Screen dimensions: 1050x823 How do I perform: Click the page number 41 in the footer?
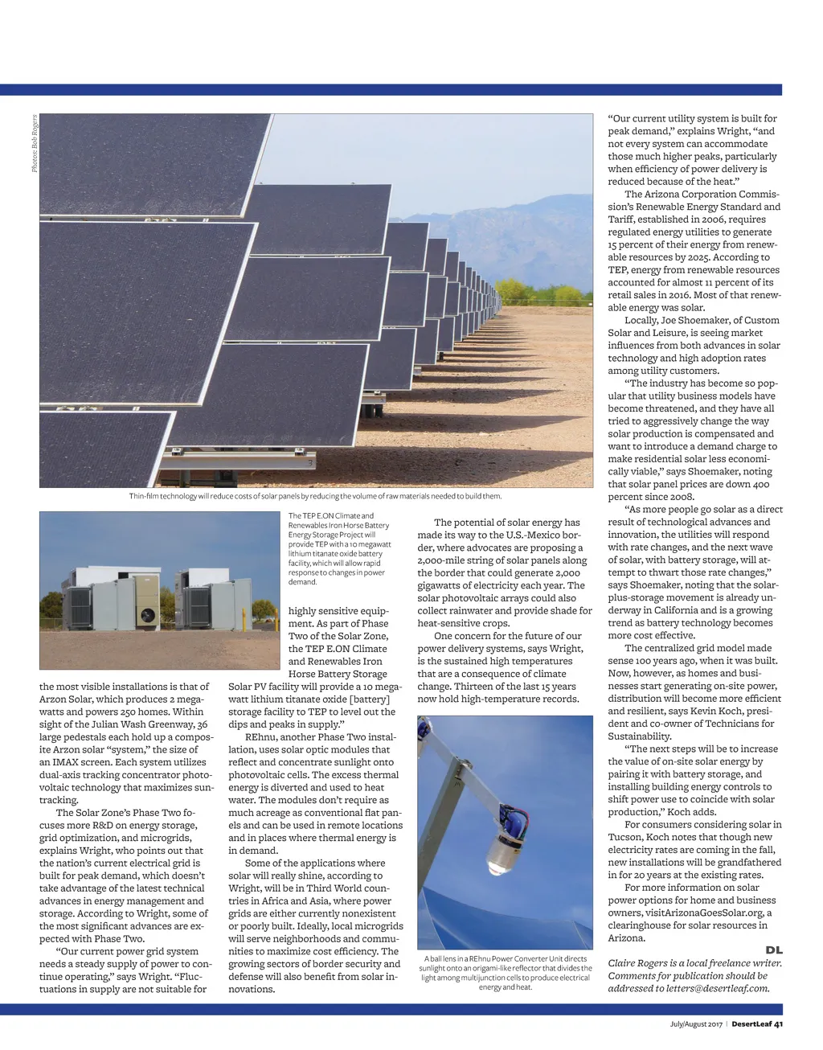click(778, 1023)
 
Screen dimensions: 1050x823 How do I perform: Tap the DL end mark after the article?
click(774, 950)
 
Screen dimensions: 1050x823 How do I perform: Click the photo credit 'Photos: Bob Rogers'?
click(35, 144)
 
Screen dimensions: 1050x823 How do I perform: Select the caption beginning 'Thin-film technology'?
click(315, 496)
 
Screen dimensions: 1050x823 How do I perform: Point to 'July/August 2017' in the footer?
click(696, 1023)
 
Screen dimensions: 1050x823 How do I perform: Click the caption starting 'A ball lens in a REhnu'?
click(505, 973)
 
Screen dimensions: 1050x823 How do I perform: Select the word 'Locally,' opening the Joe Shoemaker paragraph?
click(641, 320)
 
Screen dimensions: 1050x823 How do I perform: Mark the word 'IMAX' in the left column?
click(64, 762)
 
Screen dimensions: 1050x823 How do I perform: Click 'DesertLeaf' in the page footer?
click(751, 1023)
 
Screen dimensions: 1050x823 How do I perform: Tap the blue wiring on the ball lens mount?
click(518, 822)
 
